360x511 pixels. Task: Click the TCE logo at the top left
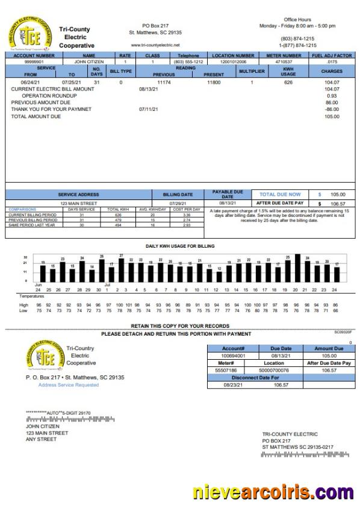(x=28, y=34)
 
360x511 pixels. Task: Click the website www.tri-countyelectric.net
(x=155, y=45)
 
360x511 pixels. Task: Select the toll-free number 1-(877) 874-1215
(x=297, y=45)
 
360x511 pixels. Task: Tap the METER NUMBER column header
(x=284, y=55)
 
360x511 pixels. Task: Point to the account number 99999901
(x=34, y=61)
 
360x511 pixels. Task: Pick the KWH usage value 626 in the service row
(x=288, y=81)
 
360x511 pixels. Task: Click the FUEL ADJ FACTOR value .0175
(x=331, y=61)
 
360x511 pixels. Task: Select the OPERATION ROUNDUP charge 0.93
(x=332, y=96)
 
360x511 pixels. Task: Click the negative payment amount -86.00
(x=331, y=109)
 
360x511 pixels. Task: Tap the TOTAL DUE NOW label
(x=280, y=195)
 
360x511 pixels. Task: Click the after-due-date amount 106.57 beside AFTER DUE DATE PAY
(x=338, y=204)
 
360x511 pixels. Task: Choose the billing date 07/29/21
(x=178, y=204)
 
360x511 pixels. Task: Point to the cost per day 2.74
(x=187, y=220)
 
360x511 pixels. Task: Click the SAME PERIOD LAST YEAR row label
(x=33, y=225)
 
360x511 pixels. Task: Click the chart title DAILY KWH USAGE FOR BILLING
(x=179, y=246)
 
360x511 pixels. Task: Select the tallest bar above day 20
(x=295, y=269)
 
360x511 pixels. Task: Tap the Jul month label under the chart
(x=107, y=284)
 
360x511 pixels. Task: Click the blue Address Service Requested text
(x=69, y=384)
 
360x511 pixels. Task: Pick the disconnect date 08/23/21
(x=232, y=384)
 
